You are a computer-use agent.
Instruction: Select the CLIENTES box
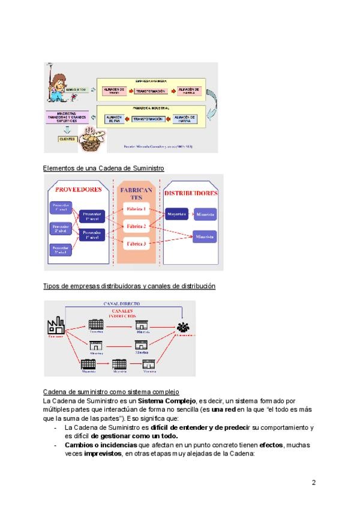tap(67, 139)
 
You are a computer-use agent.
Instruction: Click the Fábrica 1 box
tap(136, 209)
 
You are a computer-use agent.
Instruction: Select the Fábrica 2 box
tap(136, 226)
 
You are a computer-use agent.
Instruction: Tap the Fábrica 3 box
tap(136, 243)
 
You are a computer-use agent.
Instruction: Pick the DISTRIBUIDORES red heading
tap(191, 193)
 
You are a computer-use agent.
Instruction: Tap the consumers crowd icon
tap(183, 328)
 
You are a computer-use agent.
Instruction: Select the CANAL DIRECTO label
tap(122, 304)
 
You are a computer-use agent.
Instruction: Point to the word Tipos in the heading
tap(52, 286)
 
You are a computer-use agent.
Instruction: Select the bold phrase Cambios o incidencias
tap(93, 445)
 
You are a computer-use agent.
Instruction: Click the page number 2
tap(313, 482)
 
